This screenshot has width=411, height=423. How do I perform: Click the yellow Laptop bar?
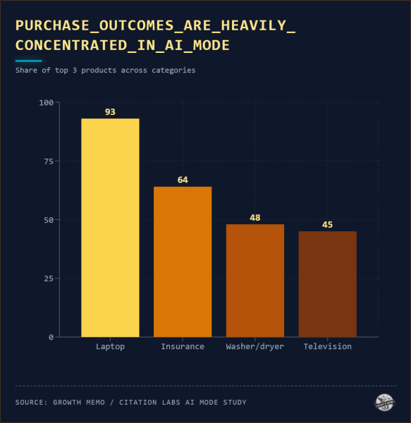click(x=110, y=228)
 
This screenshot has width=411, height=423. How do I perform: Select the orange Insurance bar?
click(x=183, y=262)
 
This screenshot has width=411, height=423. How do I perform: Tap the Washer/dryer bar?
click(x=255, y=281)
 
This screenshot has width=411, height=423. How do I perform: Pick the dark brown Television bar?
click(x=327, y=284)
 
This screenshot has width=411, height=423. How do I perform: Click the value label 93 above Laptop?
click(x=110, y=112)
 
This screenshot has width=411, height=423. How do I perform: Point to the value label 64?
click(x=183, y=180)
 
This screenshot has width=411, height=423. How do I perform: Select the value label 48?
click(x=255, y=218)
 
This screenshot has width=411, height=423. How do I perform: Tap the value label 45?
click(x=327, y=225)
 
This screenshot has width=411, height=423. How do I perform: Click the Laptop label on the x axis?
click(x=110, y=347)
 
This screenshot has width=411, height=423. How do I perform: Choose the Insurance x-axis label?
click(x=183, y=347)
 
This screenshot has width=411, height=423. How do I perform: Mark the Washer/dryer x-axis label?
click(x=255, y=347)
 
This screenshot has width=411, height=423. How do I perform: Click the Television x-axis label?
click(x=327, y=347)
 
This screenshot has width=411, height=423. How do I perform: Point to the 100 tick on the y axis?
click(x=47, y=103)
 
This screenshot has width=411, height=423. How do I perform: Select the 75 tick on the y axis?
click(x=49, y=161)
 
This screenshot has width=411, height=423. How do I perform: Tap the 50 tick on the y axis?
click(x=49, y=220)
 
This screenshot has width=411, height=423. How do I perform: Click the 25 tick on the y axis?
click(x=49, y=278)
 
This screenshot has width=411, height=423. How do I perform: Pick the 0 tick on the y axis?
click(x=51, y=337)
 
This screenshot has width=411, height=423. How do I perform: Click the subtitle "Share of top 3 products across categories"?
click(x=106, y=70)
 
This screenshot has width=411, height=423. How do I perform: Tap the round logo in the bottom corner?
click(x=384, y=403)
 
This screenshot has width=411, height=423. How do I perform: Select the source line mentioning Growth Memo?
click(x=131, y=403)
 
